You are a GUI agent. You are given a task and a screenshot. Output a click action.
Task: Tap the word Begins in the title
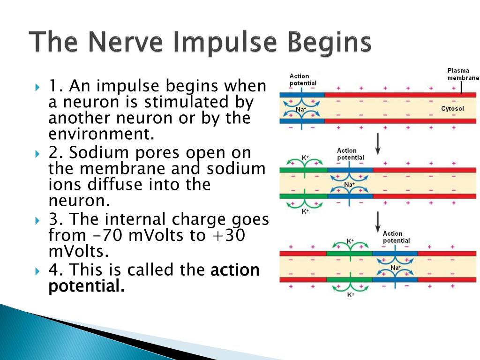coord(330,43)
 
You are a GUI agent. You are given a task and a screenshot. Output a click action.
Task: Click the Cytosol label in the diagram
coord(452,108)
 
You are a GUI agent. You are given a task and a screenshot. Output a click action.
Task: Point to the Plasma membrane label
coord(463,74)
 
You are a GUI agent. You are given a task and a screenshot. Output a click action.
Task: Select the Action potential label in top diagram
coord(303,80)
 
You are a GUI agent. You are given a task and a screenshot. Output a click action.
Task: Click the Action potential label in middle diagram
coord(350,154)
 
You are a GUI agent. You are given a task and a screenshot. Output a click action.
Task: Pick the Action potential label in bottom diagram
coord(396,237)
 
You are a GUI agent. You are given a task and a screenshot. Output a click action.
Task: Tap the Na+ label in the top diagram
coord(301,109)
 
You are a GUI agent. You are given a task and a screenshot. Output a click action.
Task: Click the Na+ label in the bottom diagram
coord(395,268)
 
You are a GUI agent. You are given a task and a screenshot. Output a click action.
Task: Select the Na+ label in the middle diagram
coord(349,185)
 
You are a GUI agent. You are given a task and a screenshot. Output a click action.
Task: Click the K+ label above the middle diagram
coord(305,158)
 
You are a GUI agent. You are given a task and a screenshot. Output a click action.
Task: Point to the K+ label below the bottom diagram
coord(351,295)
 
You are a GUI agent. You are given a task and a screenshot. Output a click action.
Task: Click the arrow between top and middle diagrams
coord(378,143)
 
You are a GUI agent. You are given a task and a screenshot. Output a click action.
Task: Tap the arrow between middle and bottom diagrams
coord(378,222)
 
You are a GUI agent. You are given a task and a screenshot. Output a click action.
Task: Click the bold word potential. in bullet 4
coord(87,286)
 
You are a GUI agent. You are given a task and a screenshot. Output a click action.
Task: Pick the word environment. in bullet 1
coord(101,134)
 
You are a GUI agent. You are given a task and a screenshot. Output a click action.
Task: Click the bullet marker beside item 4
coord(37,271)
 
